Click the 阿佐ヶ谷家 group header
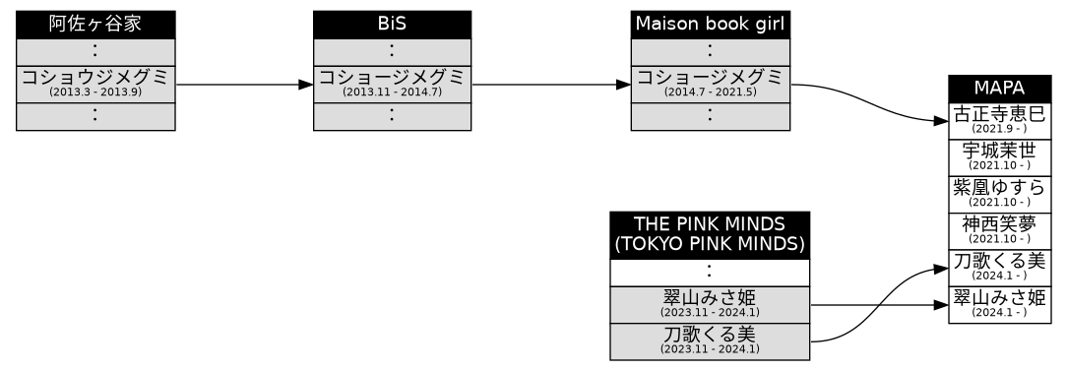(95, 25)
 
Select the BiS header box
(392, 25)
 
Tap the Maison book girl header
(710, 25)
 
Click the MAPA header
(1000, 88)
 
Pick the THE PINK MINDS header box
(710, 234)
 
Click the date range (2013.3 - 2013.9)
(95, 92)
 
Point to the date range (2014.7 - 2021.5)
(710, 92)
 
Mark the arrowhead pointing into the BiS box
(306, 85)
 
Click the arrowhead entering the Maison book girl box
(623, 85)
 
